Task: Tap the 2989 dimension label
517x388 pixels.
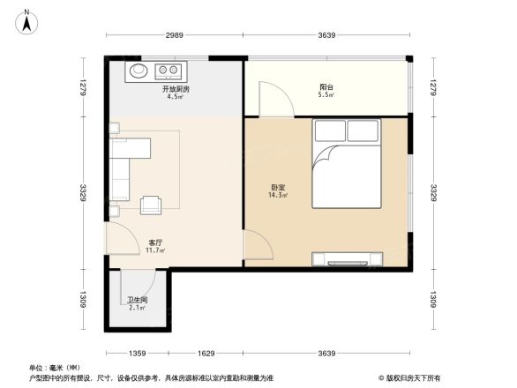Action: pos(173,36)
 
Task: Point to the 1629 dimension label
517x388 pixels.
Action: pos(206,354)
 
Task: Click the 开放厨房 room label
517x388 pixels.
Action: pos(174,90)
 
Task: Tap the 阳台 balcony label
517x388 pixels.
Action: pos(326,87)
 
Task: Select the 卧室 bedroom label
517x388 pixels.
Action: pos(278,187)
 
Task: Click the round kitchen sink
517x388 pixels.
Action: pos(138,70)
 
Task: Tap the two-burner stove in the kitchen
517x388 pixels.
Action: pos(170,70)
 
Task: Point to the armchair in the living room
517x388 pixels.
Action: pos(152,205)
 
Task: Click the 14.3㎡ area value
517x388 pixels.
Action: pos(278,195)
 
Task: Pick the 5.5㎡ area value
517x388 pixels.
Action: pos(326,94)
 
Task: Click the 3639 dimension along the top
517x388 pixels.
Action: pos(327,36)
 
